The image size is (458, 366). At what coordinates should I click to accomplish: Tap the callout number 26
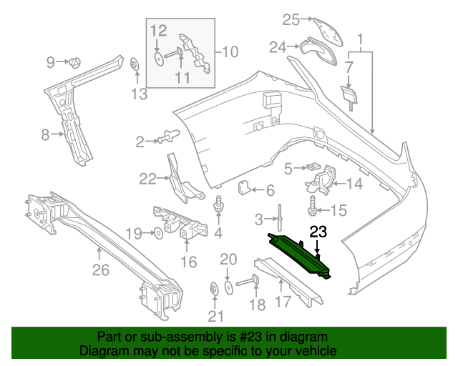[x=101, y=269]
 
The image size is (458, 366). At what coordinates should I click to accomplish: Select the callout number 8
[x=44, y=134]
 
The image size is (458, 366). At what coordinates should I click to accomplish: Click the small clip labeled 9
[x=74, y=62]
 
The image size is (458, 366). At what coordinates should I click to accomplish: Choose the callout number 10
[x=230, y=51]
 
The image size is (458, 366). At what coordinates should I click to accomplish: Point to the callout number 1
[x=361, y=36]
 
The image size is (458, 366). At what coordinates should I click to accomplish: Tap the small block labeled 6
[x=244, y=189]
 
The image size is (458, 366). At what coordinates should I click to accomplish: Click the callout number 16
[x=188, y=262]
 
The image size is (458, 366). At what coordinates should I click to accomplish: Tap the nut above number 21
[x=214, y=289]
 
